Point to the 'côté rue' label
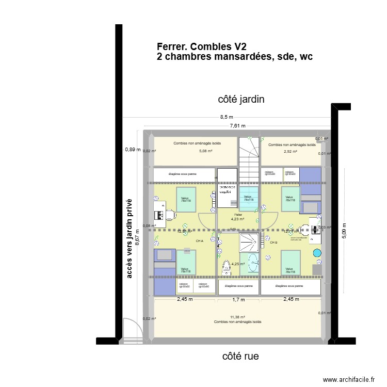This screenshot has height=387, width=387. coord(240,356)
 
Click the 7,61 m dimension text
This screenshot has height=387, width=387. coord(237,125)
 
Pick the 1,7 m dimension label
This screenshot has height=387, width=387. coord(238,299)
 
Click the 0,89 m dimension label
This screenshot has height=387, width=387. coord(132,150)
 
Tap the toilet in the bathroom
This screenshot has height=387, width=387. coord(225,268)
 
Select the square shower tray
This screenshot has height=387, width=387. coord(251,241)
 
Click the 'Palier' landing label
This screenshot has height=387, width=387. coord(238,214)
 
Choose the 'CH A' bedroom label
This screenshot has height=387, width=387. coord(199,241)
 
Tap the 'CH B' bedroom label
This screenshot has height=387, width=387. coord(273,242)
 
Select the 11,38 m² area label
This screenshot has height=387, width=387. coord(237,317)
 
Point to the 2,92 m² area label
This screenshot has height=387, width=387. coord(291,152)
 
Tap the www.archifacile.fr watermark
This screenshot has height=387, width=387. coord(349,380)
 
